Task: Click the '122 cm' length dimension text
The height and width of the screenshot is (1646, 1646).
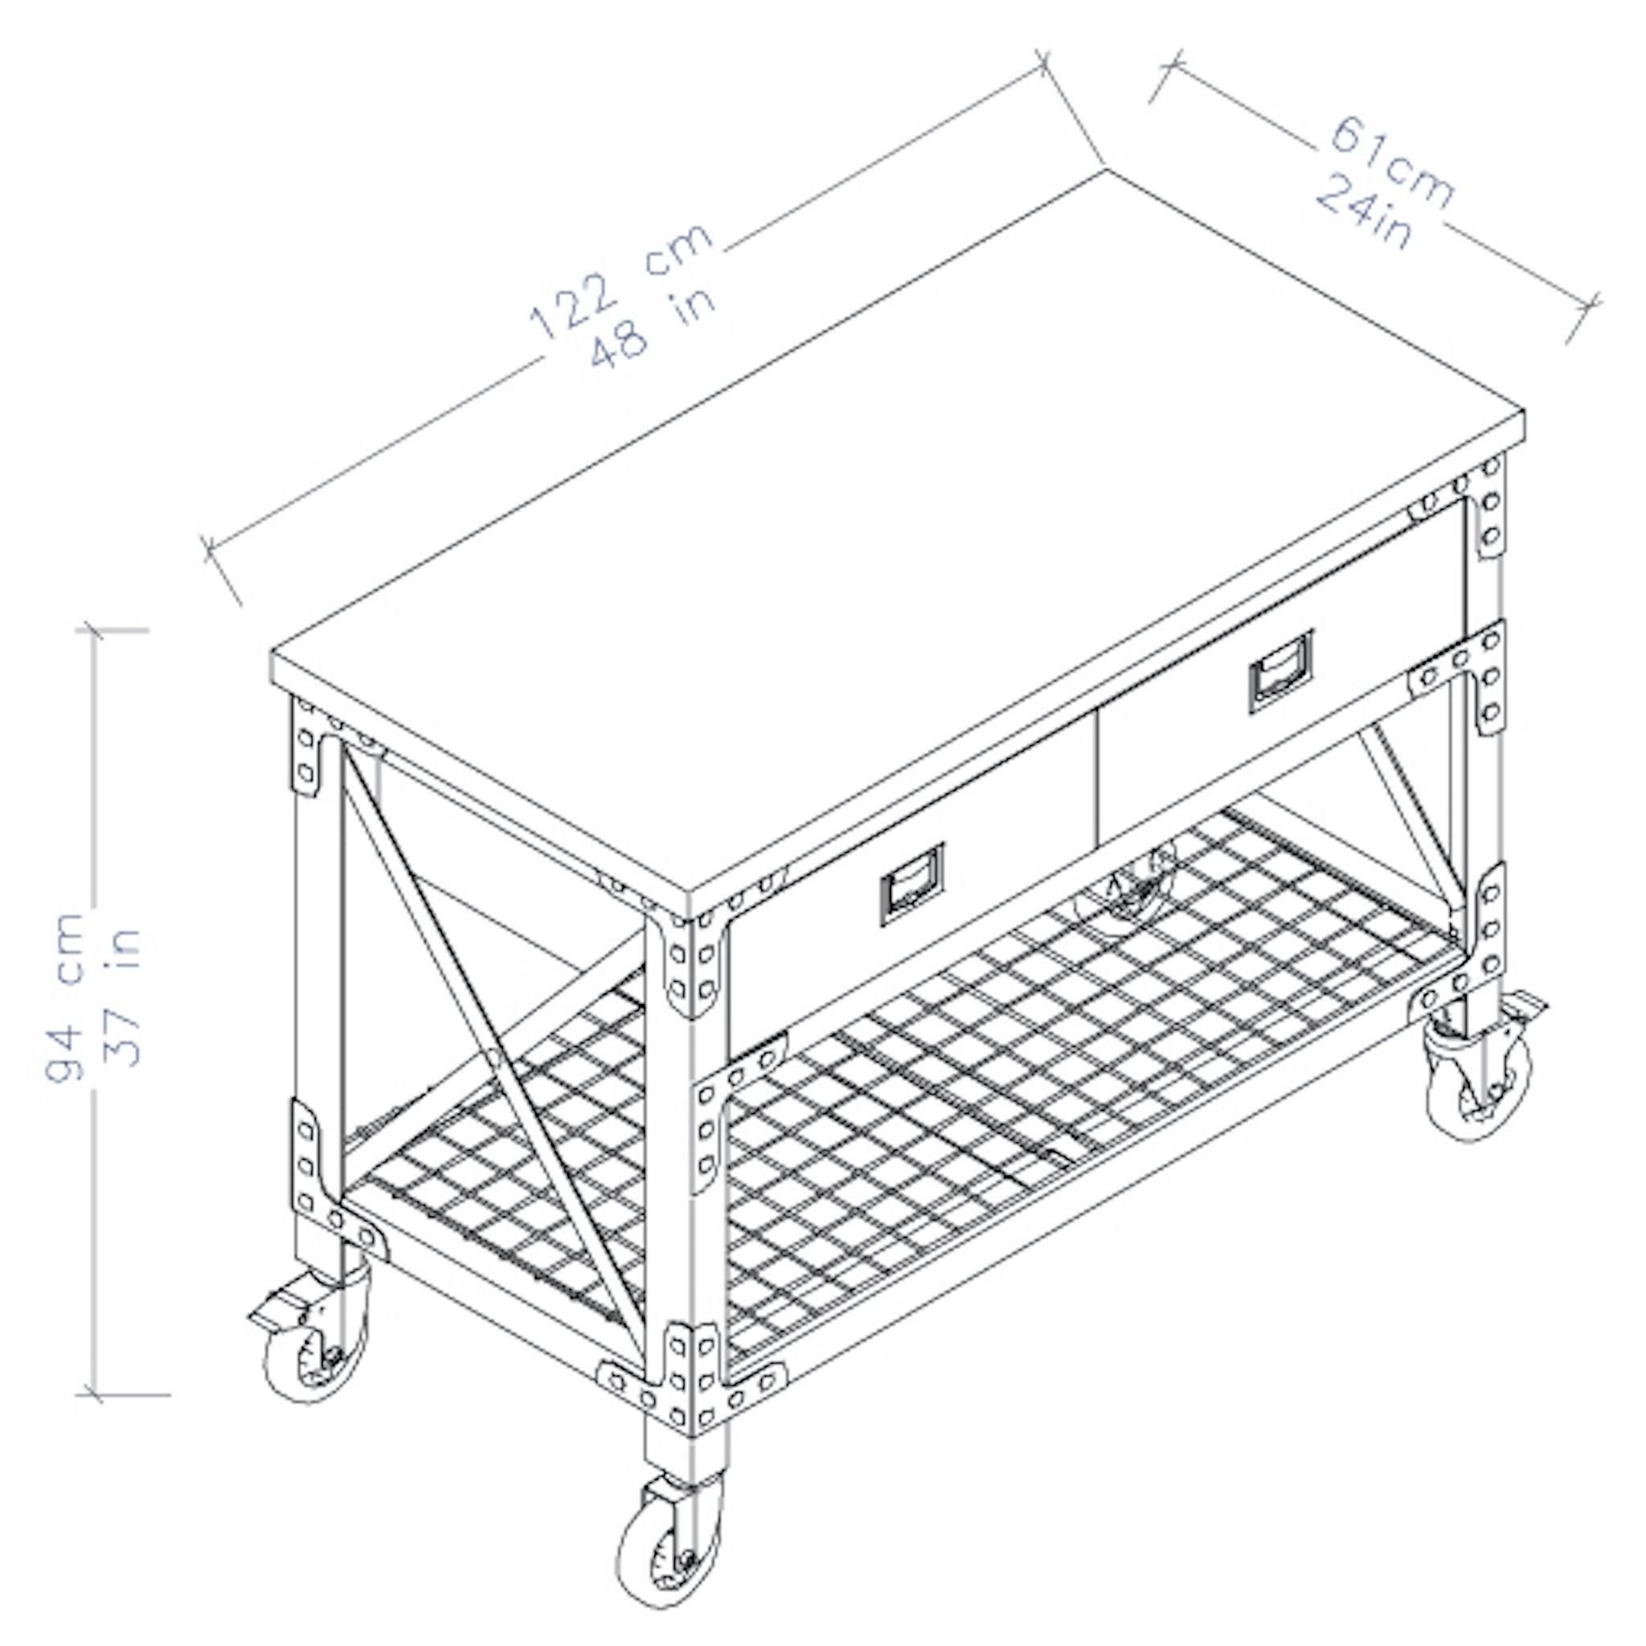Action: (x=620, y=280)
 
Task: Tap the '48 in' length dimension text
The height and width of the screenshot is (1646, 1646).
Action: (x=652, y=327)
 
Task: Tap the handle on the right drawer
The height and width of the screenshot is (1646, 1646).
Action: (x=1280, y=670)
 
